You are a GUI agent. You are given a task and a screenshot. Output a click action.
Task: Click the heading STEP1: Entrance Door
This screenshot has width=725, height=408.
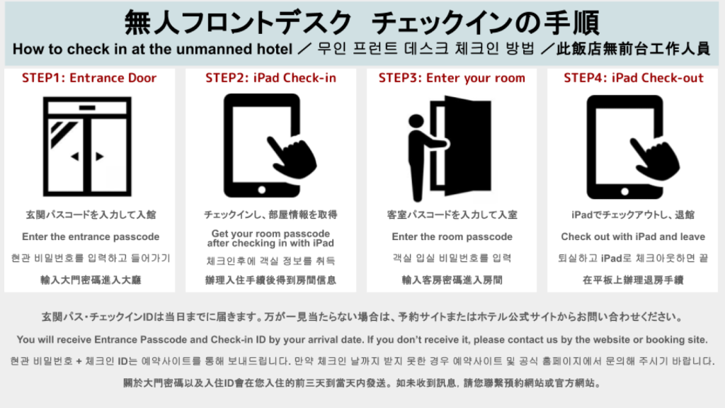coord(89,78)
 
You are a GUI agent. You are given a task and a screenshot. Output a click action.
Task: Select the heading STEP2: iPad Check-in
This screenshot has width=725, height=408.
coord(270,78)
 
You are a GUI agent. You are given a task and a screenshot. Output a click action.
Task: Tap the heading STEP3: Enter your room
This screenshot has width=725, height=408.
coord(452,78)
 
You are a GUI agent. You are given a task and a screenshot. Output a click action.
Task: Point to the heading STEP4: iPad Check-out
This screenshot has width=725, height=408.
coord(634,78)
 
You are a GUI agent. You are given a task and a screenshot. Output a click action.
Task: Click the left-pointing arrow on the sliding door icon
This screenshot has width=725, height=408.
coord(74,157)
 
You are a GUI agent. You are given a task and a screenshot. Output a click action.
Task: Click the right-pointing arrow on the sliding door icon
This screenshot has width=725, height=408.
coord(99,157)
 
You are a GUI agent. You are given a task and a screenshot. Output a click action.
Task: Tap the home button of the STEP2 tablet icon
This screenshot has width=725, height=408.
coord(262,190)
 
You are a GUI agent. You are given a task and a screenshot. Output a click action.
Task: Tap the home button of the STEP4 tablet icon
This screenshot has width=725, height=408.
coord(624,191)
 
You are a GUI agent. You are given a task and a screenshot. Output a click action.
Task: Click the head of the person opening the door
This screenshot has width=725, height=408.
coord(416,120)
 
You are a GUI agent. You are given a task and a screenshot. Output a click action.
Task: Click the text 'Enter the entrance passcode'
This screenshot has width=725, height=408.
coord(91,237)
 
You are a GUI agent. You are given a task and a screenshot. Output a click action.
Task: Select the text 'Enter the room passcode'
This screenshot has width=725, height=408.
coord(452,237)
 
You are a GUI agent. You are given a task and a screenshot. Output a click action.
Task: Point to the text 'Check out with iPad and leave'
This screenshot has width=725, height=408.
coord(633,237)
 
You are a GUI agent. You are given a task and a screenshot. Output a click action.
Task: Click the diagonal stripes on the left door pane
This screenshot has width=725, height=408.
coord(63,133)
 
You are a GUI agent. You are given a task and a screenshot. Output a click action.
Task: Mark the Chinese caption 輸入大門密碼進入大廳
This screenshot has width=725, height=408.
coord(91,280)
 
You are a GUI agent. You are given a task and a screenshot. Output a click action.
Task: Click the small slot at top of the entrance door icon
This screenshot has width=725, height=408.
coord(87,108)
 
